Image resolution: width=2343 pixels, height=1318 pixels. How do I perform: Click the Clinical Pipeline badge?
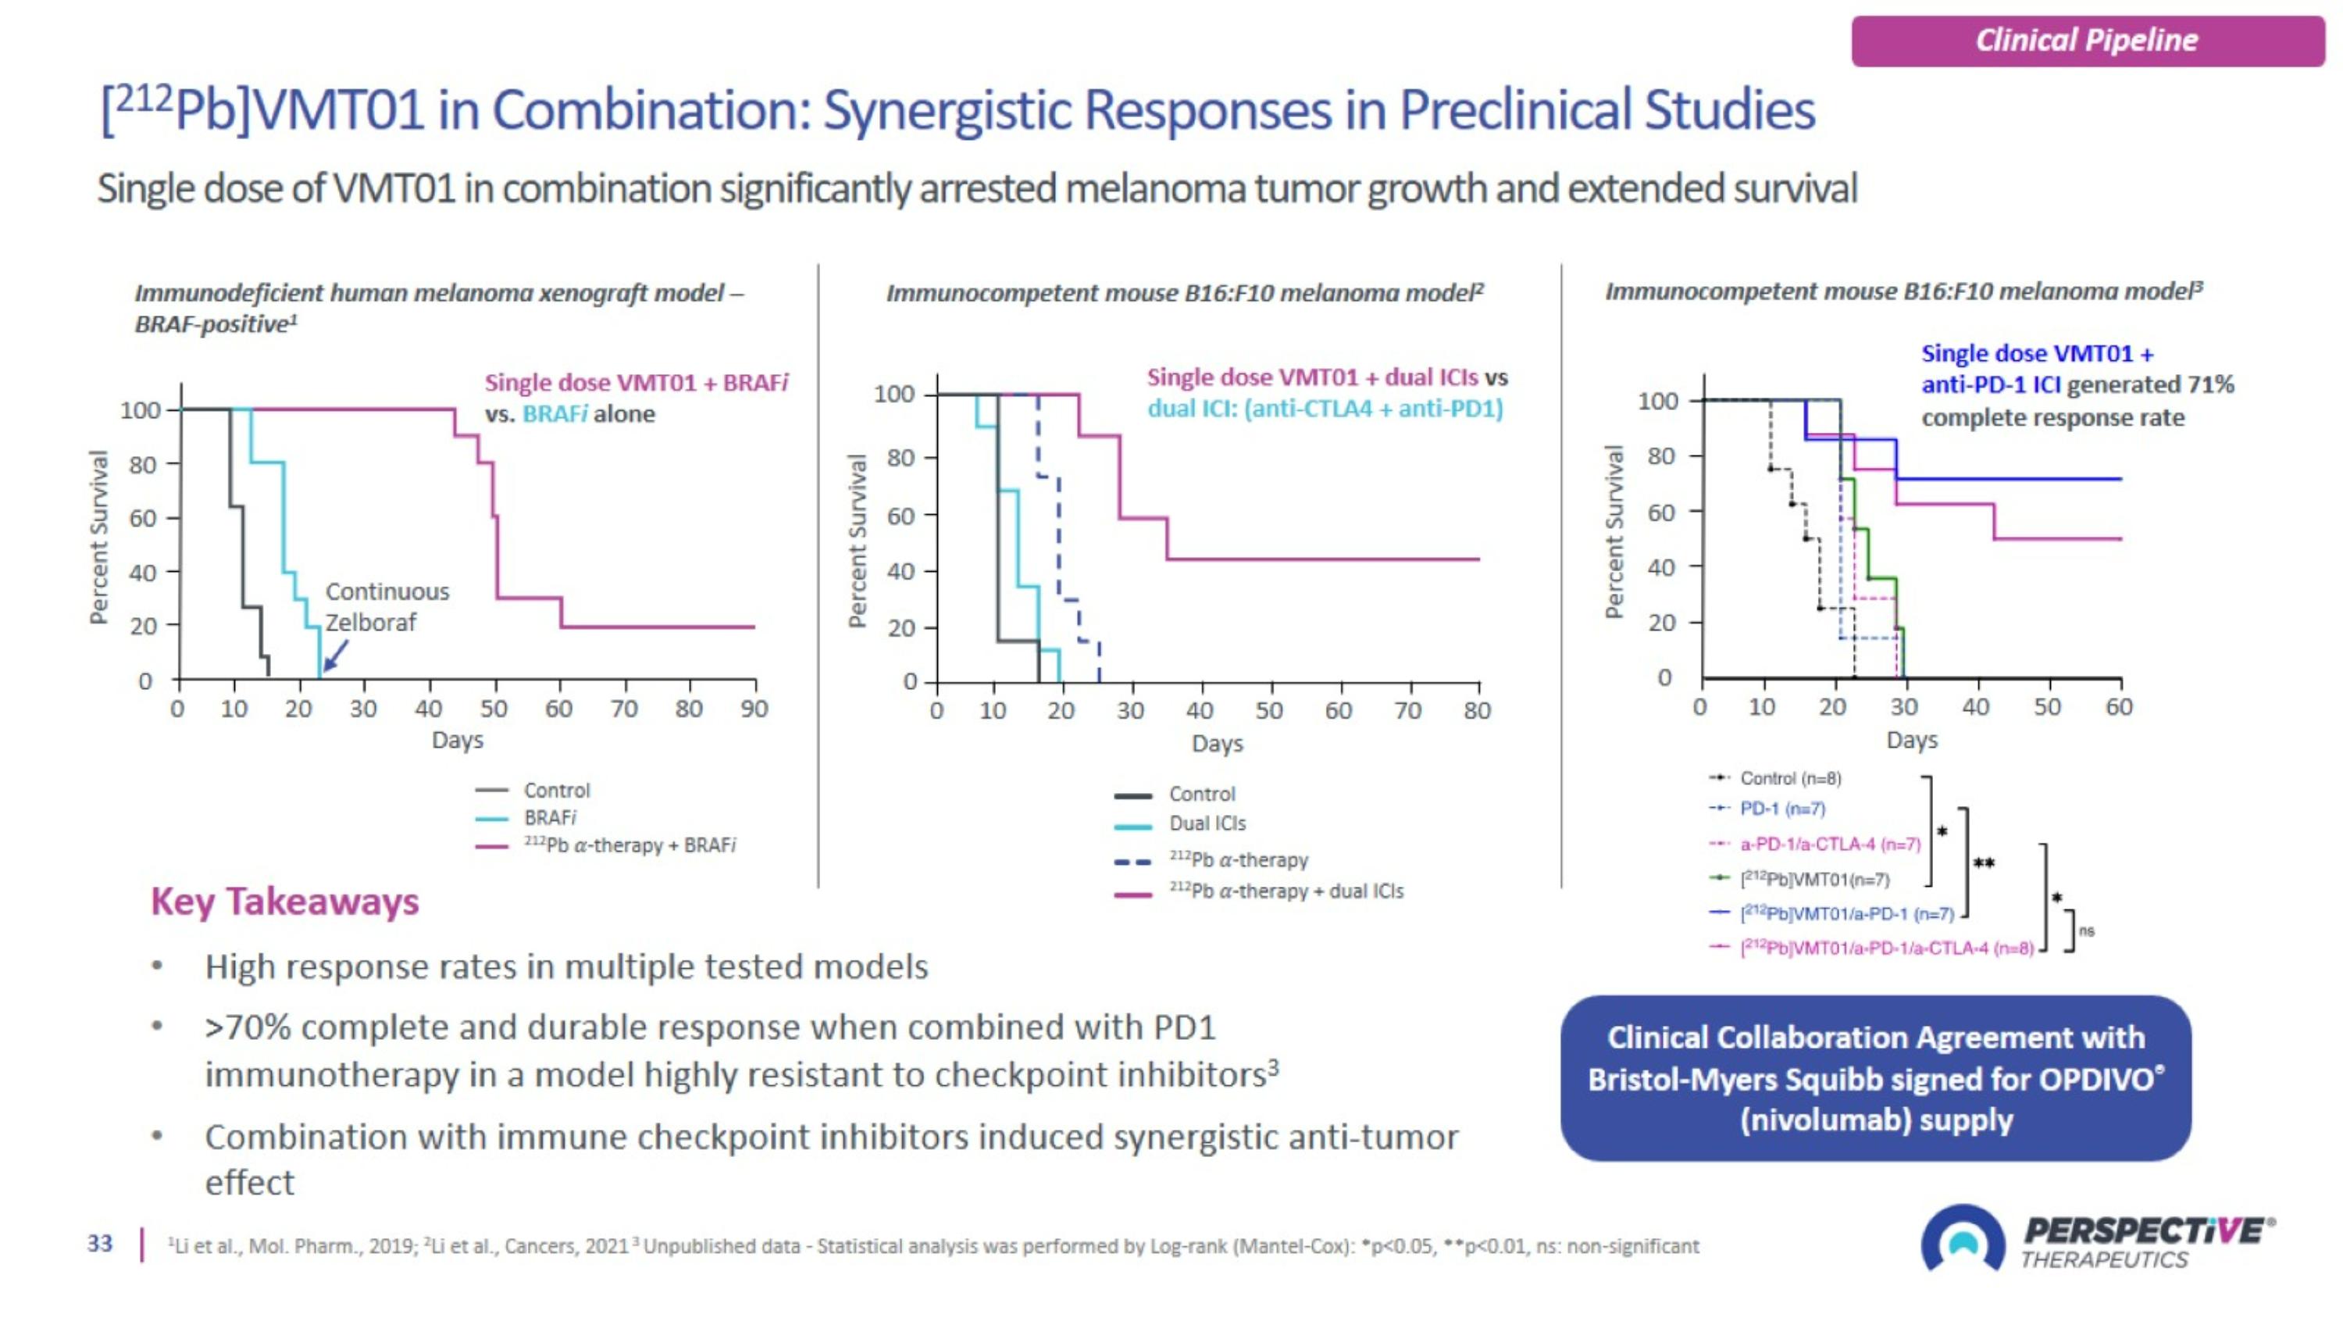2087,41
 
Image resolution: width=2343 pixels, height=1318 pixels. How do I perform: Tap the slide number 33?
100,1244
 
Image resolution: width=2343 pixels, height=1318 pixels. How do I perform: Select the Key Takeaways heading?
285,902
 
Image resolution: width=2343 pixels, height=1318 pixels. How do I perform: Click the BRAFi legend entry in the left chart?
549,818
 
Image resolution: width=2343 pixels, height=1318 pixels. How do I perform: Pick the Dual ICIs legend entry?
1206,824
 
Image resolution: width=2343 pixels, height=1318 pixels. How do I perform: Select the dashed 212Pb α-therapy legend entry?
1238,860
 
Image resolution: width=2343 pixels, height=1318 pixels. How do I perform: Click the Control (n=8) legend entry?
1789,779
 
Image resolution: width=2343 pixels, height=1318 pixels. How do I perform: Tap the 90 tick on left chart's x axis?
754,709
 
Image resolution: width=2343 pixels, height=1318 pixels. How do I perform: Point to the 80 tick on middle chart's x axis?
1477,710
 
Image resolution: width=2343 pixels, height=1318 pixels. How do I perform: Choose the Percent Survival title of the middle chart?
856,541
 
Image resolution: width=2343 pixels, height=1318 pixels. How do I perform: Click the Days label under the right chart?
1911,740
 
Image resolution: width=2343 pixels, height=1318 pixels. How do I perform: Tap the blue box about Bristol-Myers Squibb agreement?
1874,1078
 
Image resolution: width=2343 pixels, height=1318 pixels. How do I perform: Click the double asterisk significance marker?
1984,863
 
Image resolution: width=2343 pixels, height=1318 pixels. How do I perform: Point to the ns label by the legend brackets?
2088,930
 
